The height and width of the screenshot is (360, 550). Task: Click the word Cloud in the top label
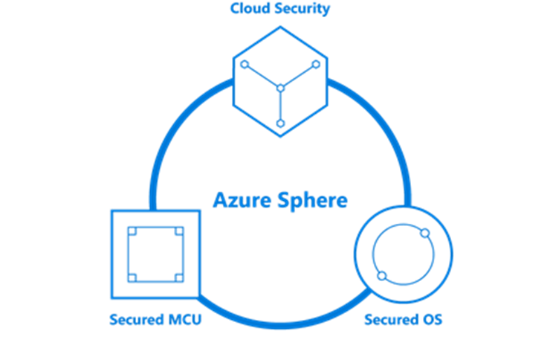(249, 10)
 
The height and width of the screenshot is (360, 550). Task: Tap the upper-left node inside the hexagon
(244, 64)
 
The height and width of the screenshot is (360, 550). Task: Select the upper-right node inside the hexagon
(316, 64)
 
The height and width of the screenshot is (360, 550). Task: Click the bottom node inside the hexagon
(280, 123)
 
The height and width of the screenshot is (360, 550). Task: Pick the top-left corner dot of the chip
(132, 231)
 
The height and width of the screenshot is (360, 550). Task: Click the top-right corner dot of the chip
(178, 231)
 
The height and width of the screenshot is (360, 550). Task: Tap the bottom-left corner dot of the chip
(132, 277)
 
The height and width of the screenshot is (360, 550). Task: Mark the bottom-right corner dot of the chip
(178, 277)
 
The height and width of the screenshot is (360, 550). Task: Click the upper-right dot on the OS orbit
(424, 234)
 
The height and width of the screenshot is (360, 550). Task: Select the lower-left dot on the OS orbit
(381, 277)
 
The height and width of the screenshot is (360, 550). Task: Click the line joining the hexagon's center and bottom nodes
(280, 106)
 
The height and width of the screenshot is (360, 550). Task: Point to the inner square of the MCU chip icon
(155, 254)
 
